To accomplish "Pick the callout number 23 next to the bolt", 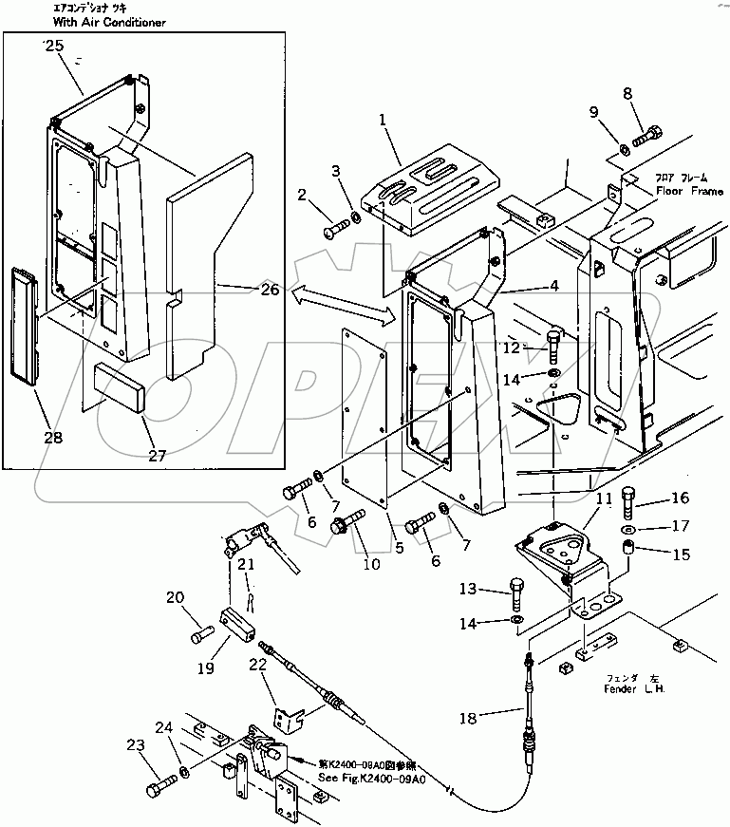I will (136, 746).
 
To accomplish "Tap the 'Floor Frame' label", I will (688, 190).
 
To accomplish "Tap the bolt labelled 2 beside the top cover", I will (337, 229).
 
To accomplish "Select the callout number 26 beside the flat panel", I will (269, 290).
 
